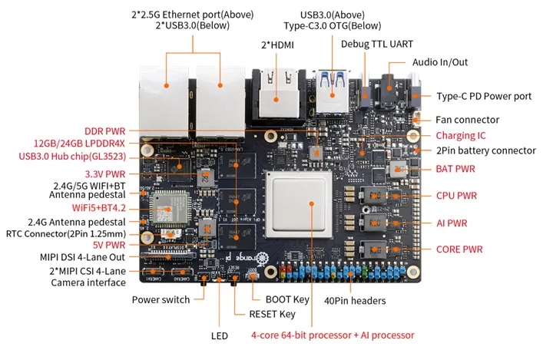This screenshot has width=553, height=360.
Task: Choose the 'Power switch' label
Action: [161, 299]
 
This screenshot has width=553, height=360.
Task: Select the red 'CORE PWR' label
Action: [459, 249]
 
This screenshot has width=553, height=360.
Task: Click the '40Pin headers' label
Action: [356, 300]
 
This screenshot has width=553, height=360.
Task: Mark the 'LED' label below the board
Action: [220, 335]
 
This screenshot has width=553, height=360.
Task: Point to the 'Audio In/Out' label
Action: [439, 62]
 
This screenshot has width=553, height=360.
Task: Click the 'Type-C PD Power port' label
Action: [485, 96]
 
